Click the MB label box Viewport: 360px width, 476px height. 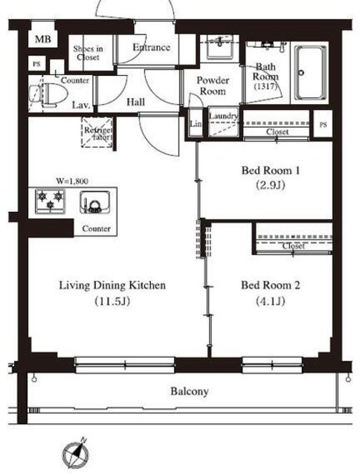42,39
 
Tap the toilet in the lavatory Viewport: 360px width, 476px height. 48,94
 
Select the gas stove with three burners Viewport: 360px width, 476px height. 50,202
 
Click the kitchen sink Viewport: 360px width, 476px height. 94,202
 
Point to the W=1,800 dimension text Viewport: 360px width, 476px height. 72,181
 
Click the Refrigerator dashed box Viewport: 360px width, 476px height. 97,132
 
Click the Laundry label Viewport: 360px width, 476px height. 223,116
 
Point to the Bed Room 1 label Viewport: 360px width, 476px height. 271,170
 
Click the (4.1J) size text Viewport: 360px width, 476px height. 271,301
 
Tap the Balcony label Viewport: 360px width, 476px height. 190,391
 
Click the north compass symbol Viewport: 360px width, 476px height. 76,454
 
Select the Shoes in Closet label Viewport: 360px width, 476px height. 88,53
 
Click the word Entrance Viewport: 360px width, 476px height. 151,48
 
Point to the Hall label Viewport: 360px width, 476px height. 135,102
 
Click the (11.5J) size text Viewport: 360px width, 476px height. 112,301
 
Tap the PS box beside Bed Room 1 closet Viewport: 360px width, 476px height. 324,124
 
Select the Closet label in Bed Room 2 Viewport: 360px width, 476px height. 293,245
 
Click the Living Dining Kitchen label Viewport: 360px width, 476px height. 112,286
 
